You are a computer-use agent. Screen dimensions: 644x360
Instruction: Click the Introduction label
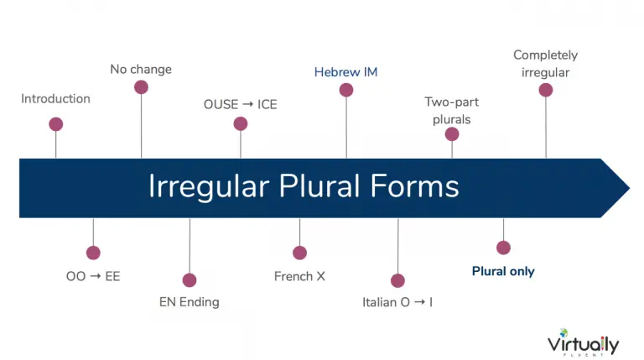pyautogui.click(x=55, y=99)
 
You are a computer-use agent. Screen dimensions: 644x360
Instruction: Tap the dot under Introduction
pyautogui.click(x=56, y=124)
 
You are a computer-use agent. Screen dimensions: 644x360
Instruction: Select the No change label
pyautogui.click(x=141, y=70)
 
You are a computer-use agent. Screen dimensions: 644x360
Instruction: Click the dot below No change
pyautogui.click(x=141, y=87)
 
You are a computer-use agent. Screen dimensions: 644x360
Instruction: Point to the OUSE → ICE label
pyautogui.click(x=241, y=104)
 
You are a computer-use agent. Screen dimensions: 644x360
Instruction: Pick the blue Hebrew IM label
pyautogui.click(x=345, y=72)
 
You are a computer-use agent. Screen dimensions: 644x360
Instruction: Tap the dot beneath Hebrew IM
pyautogui.click(x=346, y=90)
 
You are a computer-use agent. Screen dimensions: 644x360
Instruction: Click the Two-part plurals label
pyautogui.click(x=452, y=111)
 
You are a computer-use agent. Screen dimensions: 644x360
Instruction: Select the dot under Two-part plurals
pyautogui.click(x=452, y=134)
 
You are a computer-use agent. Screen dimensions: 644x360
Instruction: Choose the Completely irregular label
pyautogui.click(x=545, y=64)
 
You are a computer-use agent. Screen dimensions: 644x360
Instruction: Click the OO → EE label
pyautogui.click(x=93, y=276)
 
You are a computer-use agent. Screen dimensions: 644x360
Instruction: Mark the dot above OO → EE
pyautogui.click(x=93, y=253)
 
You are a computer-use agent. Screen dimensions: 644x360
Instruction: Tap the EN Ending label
pyautogui.click(x=190, y=302)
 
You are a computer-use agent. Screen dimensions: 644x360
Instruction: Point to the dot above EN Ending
pyautogui.click(x=190, y=280)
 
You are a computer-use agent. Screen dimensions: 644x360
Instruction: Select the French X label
pyautogui.click(x=299, y=276)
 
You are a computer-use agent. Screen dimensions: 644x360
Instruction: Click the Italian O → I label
pyautogui.click(x=397, y=302)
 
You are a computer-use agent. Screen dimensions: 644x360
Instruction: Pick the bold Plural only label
pyautogui.click(x=503, y=271)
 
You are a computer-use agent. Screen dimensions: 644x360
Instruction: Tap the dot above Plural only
pyautogui.click(x=503, y=248)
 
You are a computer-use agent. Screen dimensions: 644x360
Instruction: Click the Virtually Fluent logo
pyautogui.click(x=584, y=342)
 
